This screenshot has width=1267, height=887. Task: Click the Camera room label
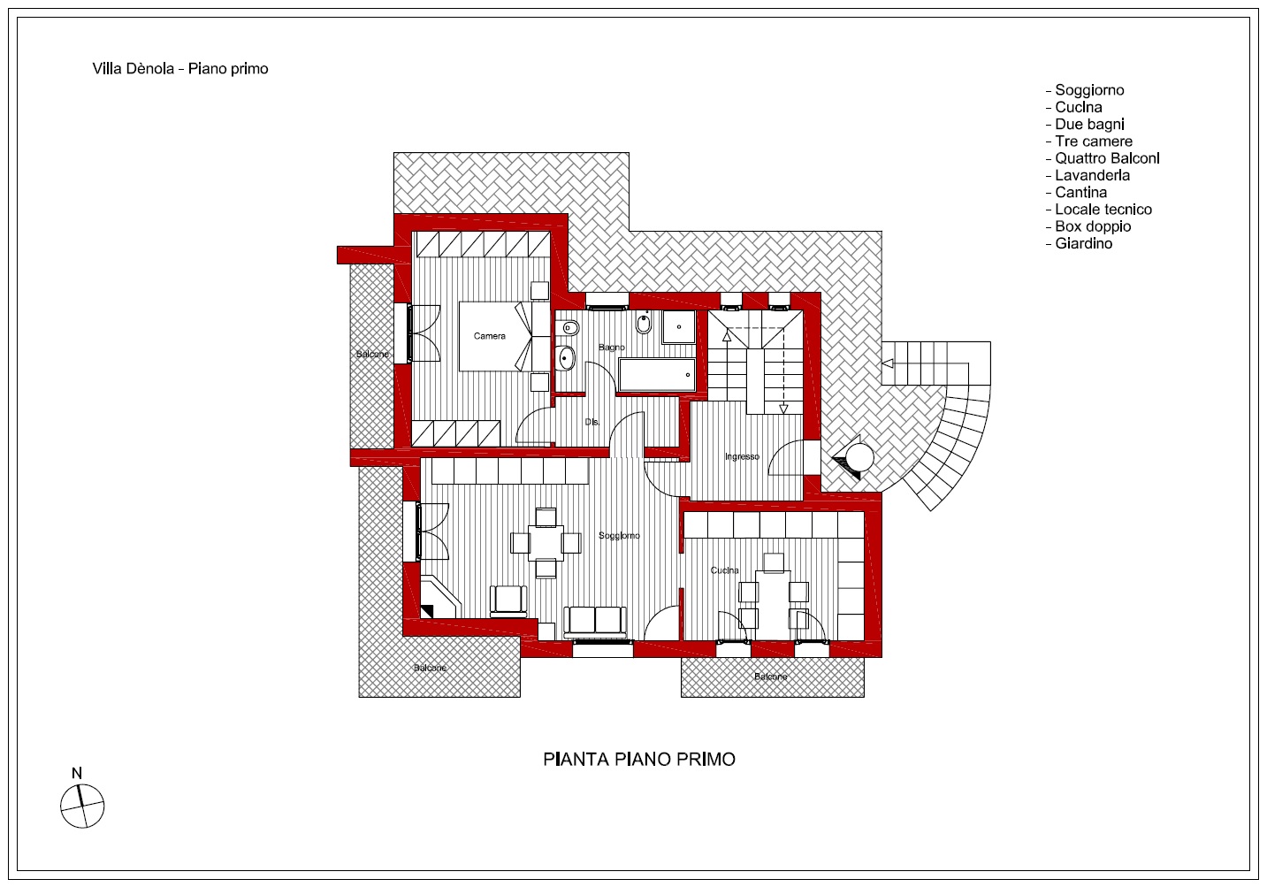click(x=489, y=336)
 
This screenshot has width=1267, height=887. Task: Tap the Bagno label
click(x=612, y=348)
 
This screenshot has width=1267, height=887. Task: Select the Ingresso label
click(x=742, y=456)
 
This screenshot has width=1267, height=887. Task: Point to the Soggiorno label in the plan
click(x=619, y=536)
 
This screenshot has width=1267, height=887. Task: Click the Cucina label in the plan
click(x=724, y=570)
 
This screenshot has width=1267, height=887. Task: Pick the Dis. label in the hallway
click(x=592, y=422)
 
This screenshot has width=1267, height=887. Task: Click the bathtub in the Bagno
click(x=657, y=374)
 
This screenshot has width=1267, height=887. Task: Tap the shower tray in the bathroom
click(x=679, y=326)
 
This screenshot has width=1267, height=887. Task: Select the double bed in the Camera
click(x=495, y=337)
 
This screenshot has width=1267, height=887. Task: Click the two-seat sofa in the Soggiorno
click(x=596, y=623)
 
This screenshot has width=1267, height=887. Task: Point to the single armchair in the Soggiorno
click(x=508, y=600)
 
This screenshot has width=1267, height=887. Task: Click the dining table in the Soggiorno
click(x=546, y=543)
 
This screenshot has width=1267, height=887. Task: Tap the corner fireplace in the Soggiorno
click(x=439, y=598)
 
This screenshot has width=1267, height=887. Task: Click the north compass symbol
click(x=82, y=806)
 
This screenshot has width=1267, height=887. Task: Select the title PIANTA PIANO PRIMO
click(x=639, y=759)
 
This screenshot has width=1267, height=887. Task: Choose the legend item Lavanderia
click(x=1088, y=175)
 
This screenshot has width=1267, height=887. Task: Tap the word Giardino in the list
click(x=1084, y=244)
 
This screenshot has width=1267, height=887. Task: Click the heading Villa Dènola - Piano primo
click(x=180, y=69)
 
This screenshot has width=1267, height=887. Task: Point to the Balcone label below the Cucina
click(x=770, y=677)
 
